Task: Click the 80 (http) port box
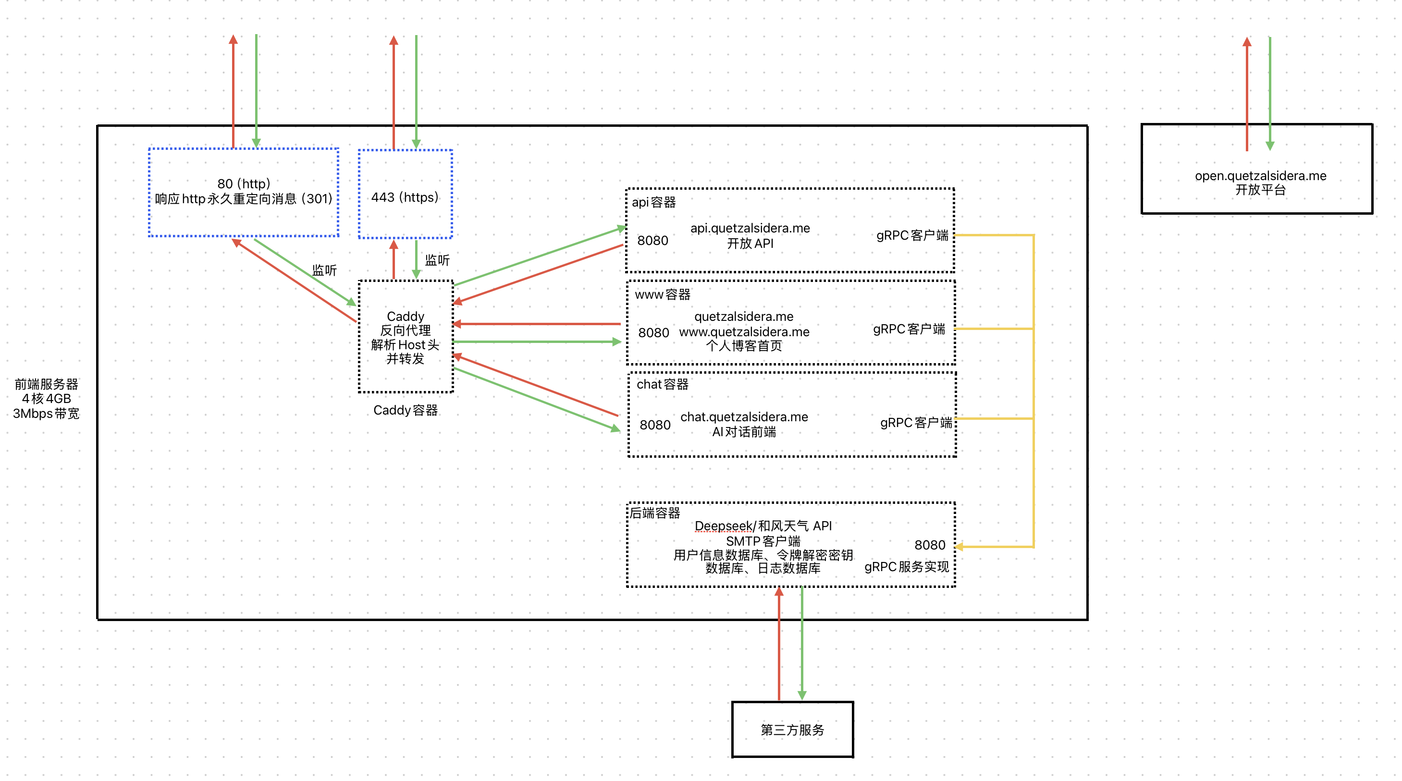(243, 192)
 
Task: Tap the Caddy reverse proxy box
(406, 337)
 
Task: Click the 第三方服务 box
(792, 729)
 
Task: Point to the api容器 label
(653, 203)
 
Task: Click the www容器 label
(663, 294)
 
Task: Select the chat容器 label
(663, 384)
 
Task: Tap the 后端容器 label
(655, 513)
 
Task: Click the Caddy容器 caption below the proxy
(406, 410)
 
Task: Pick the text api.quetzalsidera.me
(750, 228)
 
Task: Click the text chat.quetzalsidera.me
(744, 417)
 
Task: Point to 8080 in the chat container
(655, 425)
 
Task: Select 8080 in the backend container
(930, 545)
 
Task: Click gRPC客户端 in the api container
(912, 235)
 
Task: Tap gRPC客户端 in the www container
(909, 329)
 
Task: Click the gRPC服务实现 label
(907, 567)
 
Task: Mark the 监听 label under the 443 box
(437, 260)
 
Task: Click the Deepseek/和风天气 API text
(763, 526)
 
